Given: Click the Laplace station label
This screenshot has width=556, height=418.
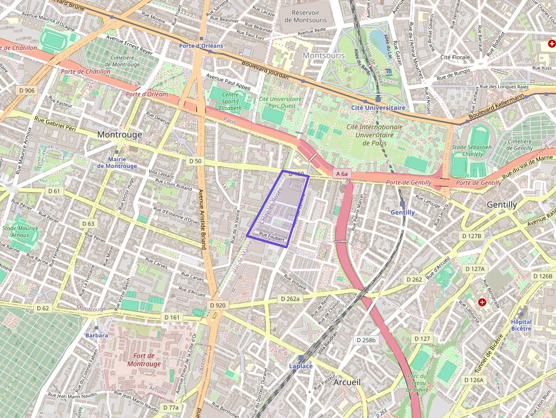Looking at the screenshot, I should pyautogui.click(x=301, y=366).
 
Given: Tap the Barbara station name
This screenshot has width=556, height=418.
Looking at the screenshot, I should pyautogui.click(x=96, y=335).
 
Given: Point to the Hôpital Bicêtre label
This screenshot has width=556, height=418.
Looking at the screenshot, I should pyautogui.click(x=521, y=325).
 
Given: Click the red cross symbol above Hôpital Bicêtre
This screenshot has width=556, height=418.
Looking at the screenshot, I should pyautogui.click(x=482, y=302).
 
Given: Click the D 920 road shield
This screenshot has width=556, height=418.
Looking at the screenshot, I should pyautogui.click(x=217, y=305).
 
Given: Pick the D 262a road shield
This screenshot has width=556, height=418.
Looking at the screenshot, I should pyautogui.click(x=289, y=298).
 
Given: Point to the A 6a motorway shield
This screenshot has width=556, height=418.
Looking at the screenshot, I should pyautogui.click(x=341, y=174).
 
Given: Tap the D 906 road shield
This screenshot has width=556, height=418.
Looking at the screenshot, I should pyautogui.click(x=27, y=90).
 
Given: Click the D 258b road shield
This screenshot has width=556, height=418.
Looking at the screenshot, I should pyautogui.click(x=366, y=340).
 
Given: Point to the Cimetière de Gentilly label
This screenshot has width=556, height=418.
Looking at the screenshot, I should pyautogui.click(x=520, y=145).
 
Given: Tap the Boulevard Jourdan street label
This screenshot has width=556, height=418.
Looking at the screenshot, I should pyautogui.click(x=265, y=71).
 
